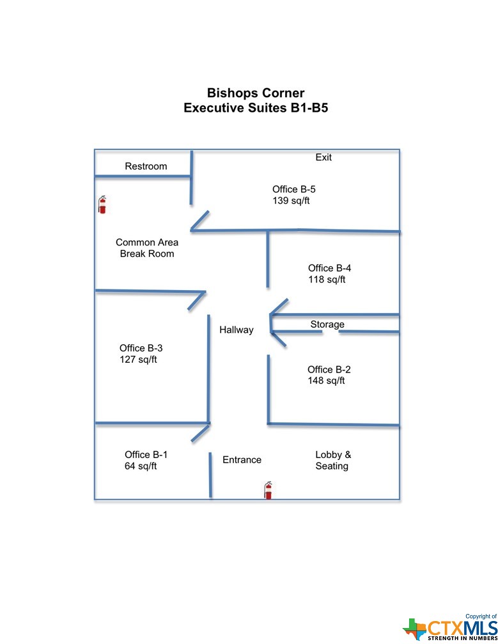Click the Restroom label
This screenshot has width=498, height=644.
click(x=146, y=166)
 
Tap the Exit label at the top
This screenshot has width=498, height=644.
click(x=323, y=157)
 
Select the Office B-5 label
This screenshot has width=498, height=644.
click(x=294, y=189)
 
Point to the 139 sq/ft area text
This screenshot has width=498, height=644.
click(x=291, y=201)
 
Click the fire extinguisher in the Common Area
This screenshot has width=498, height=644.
click(x=102, y=204)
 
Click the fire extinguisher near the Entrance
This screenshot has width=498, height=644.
click(x=268, y=491)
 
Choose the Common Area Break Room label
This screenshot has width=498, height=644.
click(x=147, y=248)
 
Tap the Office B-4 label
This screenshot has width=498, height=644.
click(x=329, y=268)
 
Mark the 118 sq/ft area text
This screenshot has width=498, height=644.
click(x=327, y=280)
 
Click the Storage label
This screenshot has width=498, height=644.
click(x=327, y=325)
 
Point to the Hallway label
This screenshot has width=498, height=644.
click(x=237, y=330)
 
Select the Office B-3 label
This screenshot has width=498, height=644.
click(x=141, y=348)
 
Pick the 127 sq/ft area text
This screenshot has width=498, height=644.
click(x=138, y=360)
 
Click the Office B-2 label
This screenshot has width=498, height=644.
click(x=329, y=370)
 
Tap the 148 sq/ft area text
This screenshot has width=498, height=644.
click(x=326, y=381)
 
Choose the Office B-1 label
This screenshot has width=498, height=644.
click(x=146, y=455)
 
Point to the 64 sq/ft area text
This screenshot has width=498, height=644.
click(x=141, y=466)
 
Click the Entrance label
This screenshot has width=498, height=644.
click(x=242, y=460)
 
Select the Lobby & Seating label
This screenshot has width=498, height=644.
click(x=333, y=461)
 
